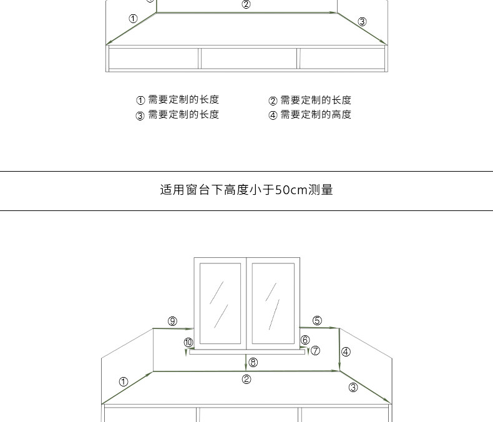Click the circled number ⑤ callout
coord(317,321)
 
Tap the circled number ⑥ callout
coord(305,340)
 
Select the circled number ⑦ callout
coord(316,351)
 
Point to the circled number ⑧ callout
coord(253,362)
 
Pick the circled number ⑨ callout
coord(172,321)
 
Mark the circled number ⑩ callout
coord(188,342)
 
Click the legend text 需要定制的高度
coord(316,114)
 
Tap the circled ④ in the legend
coord(273,115)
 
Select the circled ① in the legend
coord(140,101)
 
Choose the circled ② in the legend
coord(273,101)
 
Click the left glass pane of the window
coord(220,303)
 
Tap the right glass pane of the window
coord(273,303)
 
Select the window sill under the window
coord(247,351)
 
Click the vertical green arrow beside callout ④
coord(339,349)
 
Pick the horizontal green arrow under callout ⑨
coord(173,328)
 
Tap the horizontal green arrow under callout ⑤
coord(318,327)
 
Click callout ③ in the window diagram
coord(353,388)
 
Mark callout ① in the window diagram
coord(123,381)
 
